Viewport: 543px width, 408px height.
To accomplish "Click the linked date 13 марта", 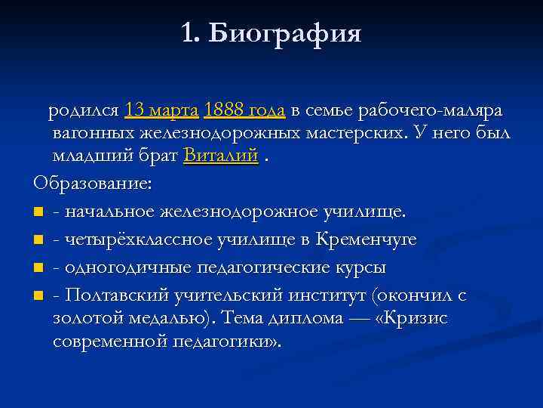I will [x=162, y=110].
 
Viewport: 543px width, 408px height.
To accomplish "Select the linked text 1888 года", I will [x=244, y=110].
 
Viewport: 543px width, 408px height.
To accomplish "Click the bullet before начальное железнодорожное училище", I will [x=38, y=212].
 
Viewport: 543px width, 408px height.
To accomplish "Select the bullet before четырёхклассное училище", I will [x=38, y=240].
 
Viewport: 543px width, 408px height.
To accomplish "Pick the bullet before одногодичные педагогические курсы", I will [x=38, y=268].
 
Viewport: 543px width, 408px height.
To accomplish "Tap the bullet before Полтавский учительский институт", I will [x=38, y=296].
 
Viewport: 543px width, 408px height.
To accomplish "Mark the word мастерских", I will [x=349, y=134].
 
